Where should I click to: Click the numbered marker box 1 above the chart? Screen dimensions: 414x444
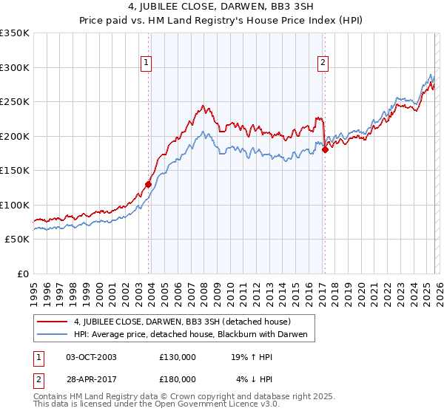point(147,63)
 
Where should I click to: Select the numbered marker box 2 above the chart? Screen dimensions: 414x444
point(323,63)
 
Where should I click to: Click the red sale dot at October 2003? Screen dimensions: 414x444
point(149,184)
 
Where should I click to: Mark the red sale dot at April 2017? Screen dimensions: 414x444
point(325,150)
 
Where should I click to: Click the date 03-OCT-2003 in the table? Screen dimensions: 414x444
point(91,356)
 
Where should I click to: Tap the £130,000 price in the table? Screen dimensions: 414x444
point(178,356)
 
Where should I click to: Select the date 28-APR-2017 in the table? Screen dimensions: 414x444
point(91,379)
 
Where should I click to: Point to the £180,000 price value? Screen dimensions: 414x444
point(178,379)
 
